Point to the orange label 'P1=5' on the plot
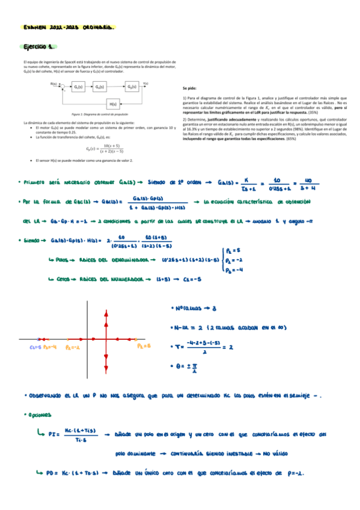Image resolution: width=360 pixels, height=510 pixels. coord(143,346)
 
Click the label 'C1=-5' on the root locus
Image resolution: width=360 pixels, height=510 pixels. coord(35,347)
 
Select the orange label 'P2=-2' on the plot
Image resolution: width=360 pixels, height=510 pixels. coord(72,347)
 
